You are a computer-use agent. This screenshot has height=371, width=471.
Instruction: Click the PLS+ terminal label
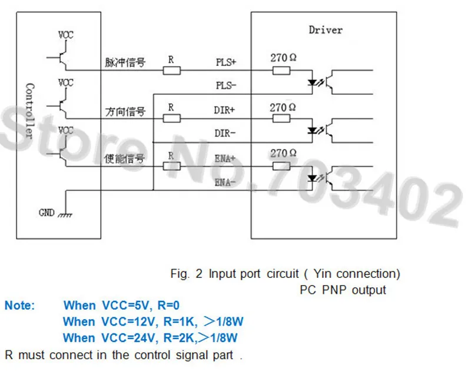[x=226, y=62]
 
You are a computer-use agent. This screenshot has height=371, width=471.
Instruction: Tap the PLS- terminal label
[x=226, y=85]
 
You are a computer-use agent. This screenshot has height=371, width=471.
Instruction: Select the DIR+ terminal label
[x=224, y=110]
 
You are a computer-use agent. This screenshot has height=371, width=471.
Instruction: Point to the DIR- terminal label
[x=225, y=133]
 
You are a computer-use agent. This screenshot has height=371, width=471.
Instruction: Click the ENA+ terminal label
[x=225, y=158]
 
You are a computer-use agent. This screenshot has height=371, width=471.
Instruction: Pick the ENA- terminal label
[x=225, y=183]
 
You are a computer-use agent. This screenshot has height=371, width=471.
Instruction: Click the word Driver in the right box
[x=326, y=30]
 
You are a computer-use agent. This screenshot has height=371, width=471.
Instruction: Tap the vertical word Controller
[x=29, y=111]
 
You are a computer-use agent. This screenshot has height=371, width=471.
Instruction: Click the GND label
[x=47, y=213]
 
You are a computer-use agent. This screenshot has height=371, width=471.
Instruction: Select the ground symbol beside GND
[x=65, y=215]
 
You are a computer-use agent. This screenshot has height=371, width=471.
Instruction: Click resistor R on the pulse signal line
[x=171, y=71]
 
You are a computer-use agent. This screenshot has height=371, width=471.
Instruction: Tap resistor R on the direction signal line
[x=171, y=118]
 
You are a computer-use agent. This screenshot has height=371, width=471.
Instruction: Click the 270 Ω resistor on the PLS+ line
[x=281, y=71]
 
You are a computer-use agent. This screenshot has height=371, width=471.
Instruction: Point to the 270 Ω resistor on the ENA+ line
[x=281, y=166]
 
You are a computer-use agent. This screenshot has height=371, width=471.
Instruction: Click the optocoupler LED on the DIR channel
[x=313, y=130]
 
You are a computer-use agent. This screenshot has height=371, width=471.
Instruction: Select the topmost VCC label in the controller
[x=65, y=35]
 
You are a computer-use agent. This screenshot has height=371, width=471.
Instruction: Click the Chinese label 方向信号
[x=125, y=111]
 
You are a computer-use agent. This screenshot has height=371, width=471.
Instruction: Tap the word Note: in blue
[x=20, y=306]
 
